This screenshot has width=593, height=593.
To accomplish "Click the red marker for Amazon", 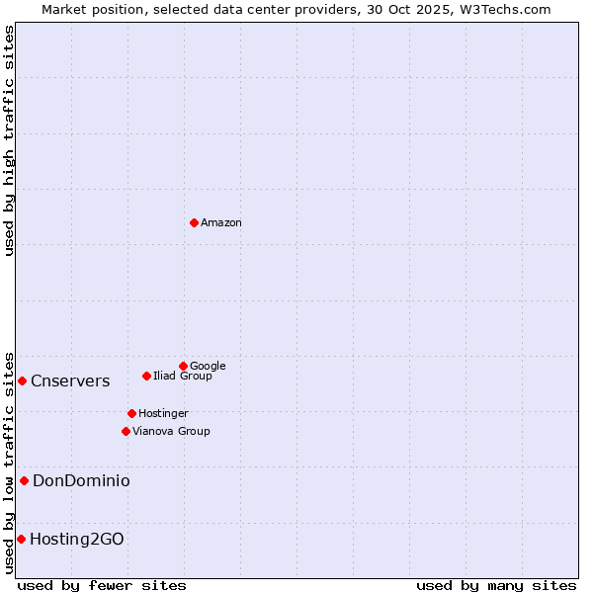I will [194, 222].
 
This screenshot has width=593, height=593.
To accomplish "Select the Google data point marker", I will [183, 366].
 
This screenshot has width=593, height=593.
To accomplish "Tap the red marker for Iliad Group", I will [146, 376].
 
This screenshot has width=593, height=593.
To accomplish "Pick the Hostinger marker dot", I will [131, 413].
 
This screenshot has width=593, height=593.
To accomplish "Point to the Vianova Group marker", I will [126, 431].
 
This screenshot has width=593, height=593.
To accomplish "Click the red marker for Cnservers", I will [22, 381].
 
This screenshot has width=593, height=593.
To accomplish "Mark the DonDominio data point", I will [24, 480].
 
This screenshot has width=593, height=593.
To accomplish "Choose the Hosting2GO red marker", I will [21, 539].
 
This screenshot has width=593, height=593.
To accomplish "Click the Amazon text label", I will [221, 223].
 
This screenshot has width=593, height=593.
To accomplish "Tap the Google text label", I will [208, 366].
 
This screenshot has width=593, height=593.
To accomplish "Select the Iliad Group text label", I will [183, 376].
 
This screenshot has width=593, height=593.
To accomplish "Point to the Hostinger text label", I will [163, 413].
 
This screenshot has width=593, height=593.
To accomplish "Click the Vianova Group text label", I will [171, 431].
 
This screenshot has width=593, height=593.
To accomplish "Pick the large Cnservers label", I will [70, 381].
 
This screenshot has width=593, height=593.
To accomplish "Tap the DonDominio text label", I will [81, 480].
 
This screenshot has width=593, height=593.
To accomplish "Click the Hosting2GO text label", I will [77, 539].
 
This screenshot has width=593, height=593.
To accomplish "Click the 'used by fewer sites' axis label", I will [102, 585].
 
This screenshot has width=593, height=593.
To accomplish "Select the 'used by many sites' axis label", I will [496, 585].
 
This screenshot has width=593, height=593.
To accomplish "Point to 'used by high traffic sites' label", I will [9, 140].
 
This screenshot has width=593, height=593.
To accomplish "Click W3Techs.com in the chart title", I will [507, 9].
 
